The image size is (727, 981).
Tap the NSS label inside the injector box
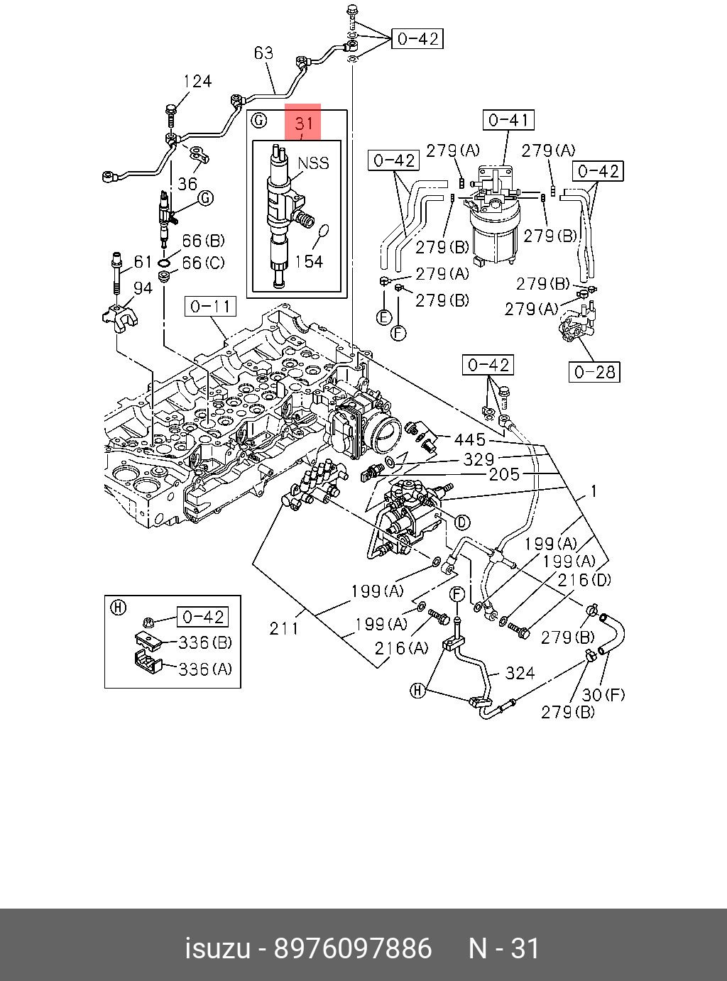coord(313,163)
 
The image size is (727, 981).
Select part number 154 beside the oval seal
coord(309,262)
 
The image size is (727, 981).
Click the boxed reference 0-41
coord(509,121)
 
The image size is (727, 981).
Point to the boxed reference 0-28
coord(594,372)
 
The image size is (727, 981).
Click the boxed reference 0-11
coord(210,307)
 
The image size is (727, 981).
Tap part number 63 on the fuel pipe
coord(263,53)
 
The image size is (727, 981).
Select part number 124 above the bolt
coord(197,81)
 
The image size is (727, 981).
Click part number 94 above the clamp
coord(143,287)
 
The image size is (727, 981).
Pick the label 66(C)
coord(203,263)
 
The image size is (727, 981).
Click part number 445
coord(470,439)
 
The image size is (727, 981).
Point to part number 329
coord(479,459)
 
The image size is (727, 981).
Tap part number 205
coord(504,473)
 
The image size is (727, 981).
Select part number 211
coord(284,627)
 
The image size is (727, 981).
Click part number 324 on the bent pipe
coord(520,672)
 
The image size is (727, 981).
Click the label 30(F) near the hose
coord(603,694)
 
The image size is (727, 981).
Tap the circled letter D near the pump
coord(462,522)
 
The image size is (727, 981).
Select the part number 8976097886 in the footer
coord(353,948)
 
